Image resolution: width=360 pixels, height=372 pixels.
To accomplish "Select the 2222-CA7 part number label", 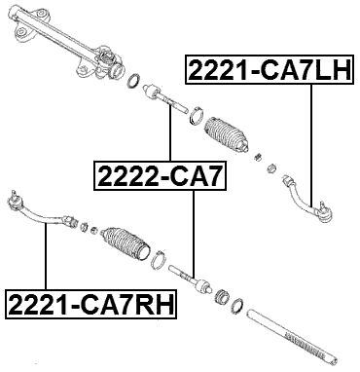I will click(160, 176).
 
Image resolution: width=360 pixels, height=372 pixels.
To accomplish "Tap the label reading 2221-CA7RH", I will click(90, 304).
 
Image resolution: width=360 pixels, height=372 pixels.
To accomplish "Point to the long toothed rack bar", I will click(292, 327).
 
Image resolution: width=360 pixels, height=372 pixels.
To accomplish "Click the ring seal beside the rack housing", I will click(137, 80).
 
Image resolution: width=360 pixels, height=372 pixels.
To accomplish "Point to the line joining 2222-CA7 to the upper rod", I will click(170, 136).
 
